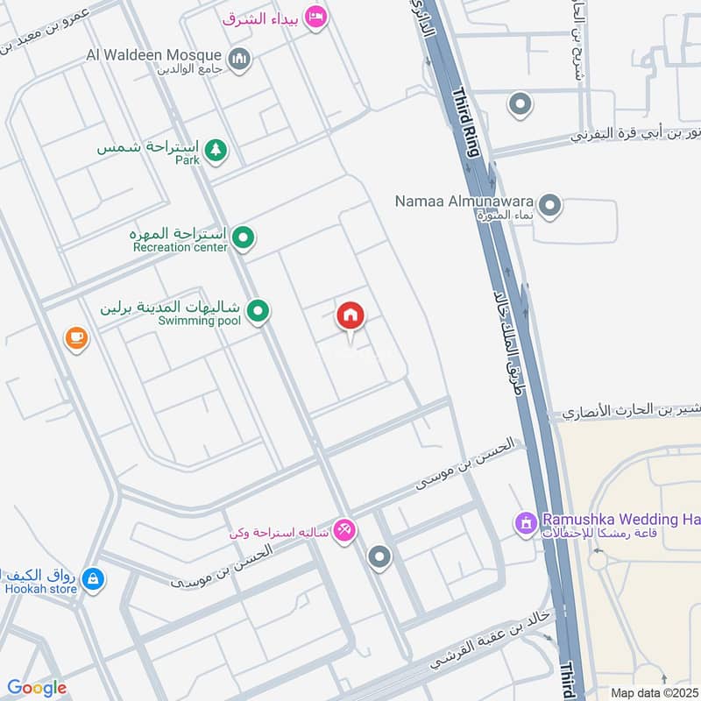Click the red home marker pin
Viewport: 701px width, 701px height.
pos(350,316)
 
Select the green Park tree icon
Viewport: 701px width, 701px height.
pos(216,152)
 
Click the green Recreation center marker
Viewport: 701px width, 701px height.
pos(244,236)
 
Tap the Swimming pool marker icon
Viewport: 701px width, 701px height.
pos(258,309)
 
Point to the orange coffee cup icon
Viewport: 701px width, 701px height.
pos(77,337)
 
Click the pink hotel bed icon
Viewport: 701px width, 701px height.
pos(316,17)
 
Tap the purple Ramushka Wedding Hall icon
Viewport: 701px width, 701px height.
pos(526,524)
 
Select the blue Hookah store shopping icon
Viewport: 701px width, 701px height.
pos(91,578)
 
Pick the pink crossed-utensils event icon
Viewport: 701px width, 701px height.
pos(344,531)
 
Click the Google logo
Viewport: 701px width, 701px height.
pos(37,688)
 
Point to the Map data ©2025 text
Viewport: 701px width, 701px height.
pos(653,692)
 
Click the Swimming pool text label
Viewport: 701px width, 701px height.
pos(199,321)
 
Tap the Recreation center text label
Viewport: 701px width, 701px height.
pos(180,247)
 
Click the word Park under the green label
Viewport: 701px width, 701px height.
pos(188,160)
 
